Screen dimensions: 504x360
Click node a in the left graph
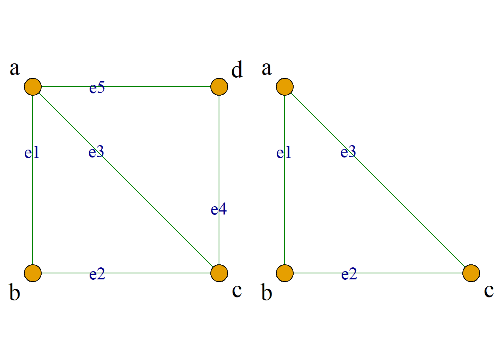[x=33, y=87]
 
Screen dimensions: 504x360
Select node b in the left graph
[x=33, y=273]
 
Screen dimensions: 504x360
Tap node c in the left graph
[x=219, y=273]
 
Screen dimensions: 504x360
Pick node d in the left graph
[x=219, y=87]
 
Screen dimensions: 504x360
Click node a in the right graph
[x=285, y=87]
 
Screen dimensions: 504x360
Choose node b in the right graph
[x=285, y=273]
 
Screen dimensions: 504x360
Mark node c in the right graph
[x=471, y=273]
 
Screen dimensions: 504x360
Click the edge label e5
[x=97, y=87]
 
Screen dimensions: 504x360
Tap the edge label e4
[x=219, y=209]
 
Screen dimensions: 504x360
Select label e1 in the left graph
[x=32, y=152]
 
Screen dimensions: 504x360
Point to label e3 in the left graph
[x=96, y=151]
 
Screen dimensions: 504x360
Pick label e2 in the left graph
[x=97, y=274]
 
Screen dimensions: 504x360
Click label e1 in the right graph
[x=284, y=152]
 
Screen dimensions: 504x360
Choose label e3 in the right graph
[x=348, y=151]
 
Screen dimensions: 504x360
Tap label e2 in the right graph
[x=349, y=274]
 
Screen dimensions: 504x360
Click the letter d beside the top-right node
[x=237, y=69]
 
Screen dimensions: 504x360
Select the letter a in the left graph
[x=15, y=68]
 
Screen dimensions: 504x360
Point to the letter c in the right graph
[x=489, y=291]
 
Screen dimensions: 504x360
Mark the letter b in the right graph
[x=267, y=292]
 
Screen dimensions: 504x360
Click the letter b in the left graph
[x=15, y=292]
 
